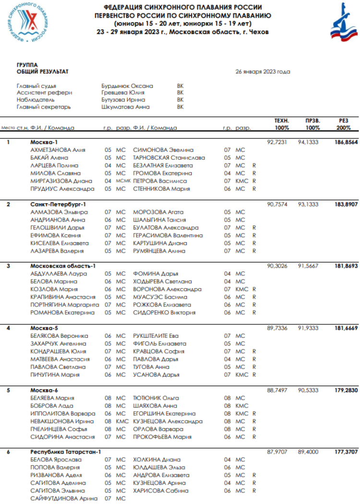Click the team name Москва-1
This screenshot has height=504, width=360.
(44, 142)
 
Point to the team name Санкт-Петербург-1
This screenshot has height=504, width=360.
(59, 204)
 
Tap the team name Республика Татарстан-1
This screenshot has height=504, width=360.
(66, 452)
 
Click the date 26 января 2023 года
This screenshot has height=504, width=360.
(263, 72)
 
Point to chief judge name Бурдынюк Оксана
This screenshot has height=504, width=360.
(127, 86)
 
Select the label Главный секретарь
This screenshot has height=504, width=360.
(44, 107)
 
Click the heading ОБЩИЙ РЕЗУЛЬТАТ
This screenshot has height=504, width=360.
(43, 72)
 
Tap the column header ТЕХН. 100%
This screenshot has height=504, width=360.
(281, 124)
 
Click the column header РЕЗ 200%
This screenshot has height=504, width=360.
(344, 124)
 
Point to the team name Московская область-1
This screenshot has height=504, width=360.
(63, 266)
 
